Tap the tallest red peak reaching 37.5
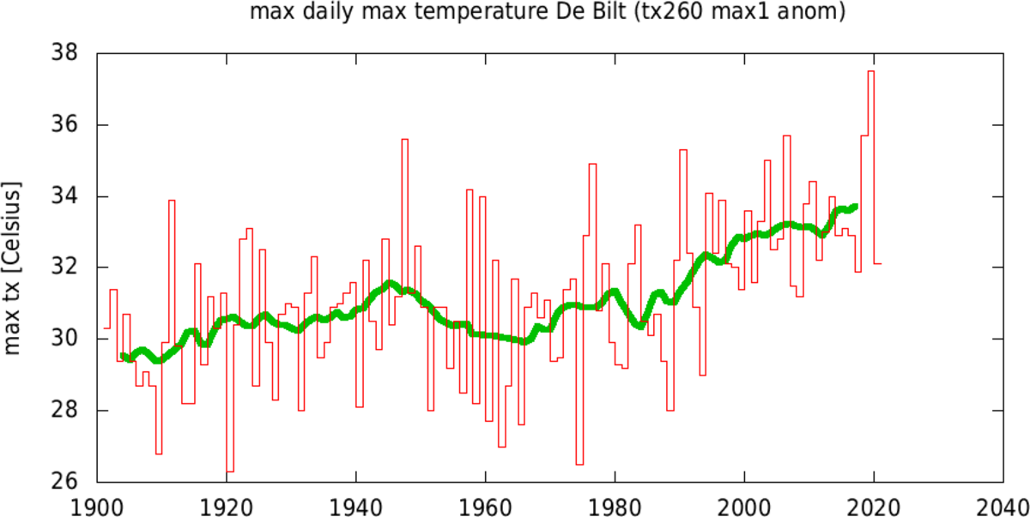[x=871, y=71]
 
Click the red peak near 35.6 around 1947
[x=404, y=139]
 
